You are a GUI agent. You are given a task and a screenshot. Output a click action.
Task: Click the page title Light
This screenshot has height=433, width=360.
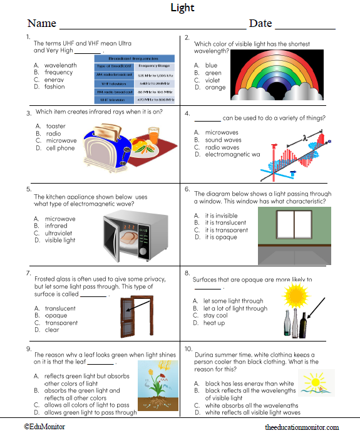pyautogui.click(x=183, y=8)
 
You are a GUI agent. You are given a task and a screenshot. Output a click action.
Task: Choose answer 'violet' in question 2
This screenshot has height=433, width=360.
pyautogui.click(x=212, y=80)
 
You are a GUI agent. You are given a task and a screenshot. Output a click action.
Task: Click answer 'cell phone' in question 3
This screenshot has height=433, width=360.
pyautogui.click(x=60, y=149)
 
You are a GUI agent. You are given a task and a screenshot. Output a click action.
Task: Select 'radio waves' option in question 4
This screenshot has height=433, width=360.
pyautogui.click(x=222, y=147)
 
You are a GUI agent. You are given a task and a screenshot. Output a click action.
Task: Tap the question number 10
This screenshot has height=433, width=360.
pyautogui.click(x=188, y=348)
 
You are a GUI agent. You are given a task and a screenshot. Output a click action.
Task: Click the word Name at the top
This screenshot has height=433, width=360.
pyautogui.click(x=41, y=23)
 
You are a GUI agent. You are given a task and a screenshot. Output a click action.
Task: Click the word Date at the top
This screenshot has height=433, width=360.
pyautogui.click(x=260, y=23)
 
